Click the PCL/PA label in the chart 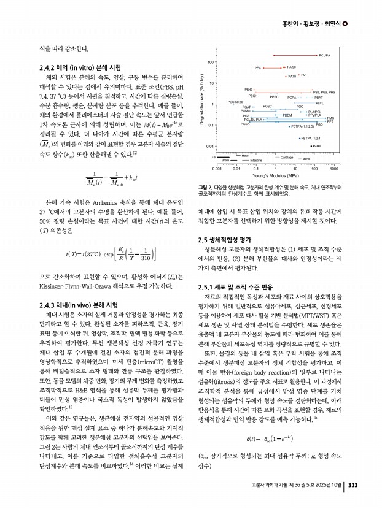click(x=325, y=55)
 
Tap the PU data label click(x=303, y=75)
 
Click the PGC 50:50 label click(x=235, y=102)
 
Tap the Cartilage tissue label click(x=287, y=157)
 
